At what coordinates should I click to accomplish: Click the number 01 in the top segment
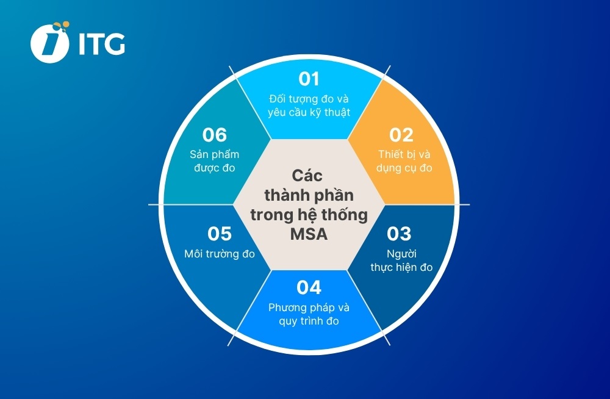309,79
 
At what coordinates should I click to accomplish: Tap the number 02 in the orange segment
401,135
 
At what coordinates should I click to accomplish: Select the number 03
400,234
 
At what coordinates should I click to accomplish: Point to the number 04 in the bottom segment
309,287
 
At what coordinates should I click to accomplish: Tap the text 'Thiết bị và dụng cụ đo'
403,161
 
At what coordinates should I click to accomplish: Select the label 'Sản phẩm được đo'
214,161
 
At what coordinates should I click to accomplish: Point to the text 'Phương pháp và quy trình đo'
309,314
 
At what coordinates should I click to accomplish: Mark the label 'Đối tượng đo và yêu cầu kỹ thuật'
309,106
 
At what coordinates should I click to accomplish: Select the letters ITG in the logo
102,43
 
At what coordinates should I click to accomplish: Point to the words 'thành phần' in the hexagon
309,196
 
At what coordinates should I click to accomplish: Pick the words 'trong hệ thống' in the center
309,215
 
